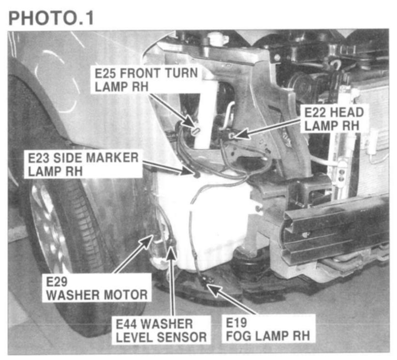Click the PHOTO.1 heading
(x=51, y=18)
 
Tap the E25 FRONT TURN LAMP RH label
(x=146, y=80)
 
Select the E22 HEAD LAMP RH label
(x=334, y=119)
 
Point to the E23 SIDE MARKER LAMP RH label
(x=83, y=165)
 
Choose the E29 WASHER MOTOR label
(x=97, y=288)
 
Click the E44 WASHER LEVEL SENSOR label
(x=161, y=330)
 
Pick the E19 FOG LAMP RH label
(x=268, y=329)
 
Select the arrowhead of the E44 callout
(x=172, y=254)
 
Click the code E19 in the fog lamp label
(x=236, y=323)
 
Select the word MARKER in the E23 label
(x=112, y=158)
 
